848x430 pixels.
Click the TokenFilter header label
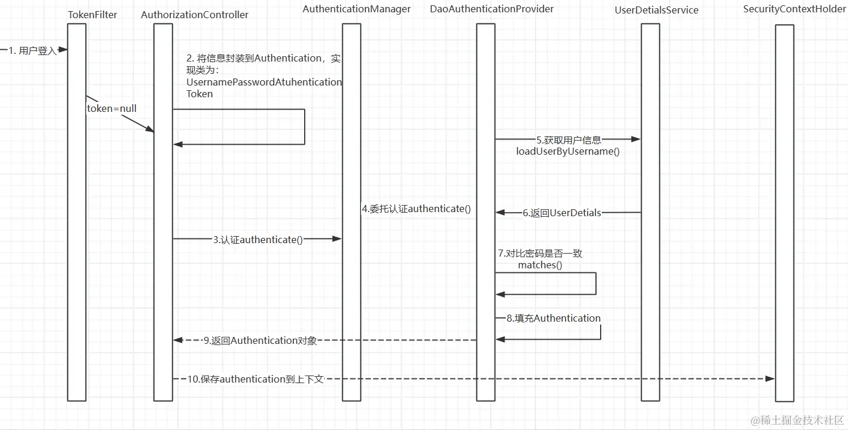[93, 15]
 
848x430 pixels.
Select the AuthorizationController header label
[195, 15]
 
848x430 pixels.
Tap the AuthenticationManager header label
[356, 9]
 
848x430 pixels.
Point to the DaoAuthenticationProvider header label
[491, 9]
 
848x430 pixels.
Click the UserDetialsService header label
[656, 10]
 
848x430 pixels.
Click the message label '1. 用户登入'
[33, 51]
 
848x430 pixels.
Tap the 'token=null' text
[112, 108]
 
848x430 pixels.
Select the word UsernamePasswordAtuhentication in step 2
[264, 82]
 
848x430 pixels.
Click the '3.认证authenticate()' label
[258, 240]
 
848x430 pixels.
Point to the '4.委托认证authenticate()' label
[416, 209]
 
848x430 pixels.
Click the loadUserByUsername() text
[567, 151]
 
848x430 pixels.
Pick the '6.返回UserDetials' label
[562, 213]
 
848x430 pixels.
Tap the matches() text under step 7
[540, 265]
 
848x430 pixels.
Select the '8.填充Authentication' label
[554, 318]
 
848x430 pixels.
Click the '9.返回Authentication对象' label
[260, 340]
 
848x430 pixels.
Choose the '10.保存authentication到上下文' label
[256, 379]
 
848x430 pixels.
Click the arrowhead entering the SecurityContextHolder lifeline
[771, 379]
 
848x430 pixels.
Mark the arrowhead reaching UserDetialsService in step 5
[636, 139]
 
